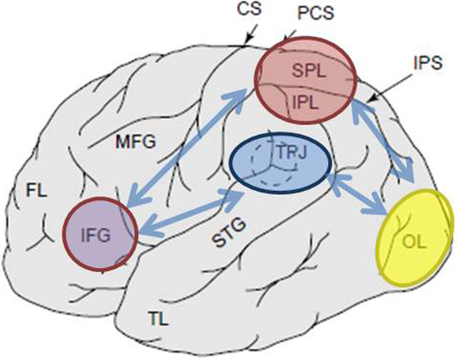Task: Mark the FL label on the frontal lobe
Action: click(x=37, y=191)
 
